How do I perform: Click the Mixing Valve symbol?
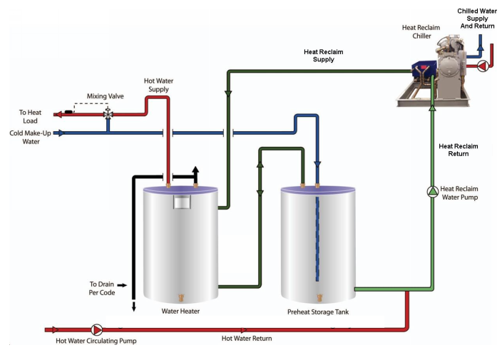(x=108, y=113)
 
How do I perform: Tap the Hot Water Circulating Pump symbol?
(x=97, y=330)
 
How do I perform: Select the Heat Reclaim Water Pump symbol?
(x=432, y=191)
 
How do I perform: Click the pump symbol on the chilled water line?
(x=482, y=66)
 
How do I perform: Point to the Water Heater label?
(x=180, y=311)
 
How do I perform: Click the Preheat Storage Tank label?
(x=317, y=312)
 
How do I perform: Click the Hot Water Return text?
(x=247, y=339)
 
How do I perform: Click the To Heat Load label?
(x=31, y=117)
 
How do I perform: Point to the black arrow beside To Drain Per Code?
(x=123, y=285)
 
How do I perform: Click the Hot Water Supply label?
(x=158, y=85)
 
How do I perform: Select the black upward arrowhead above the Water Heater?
(x=195, y=169)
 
